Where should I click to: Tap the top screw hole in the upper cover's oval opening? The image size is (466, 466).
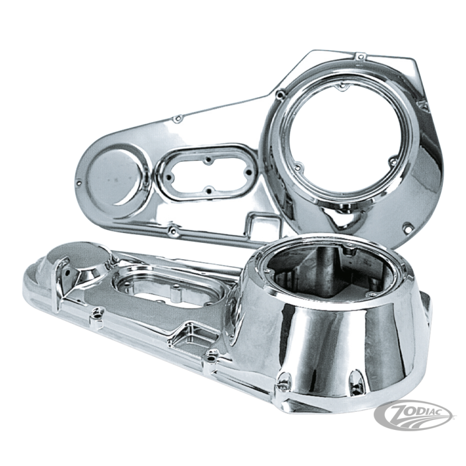209,160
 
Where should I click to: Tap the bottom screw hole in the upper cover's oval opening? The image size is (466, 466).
209,190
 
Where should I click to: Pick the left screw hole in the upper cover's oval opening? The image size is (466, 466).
170,177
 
